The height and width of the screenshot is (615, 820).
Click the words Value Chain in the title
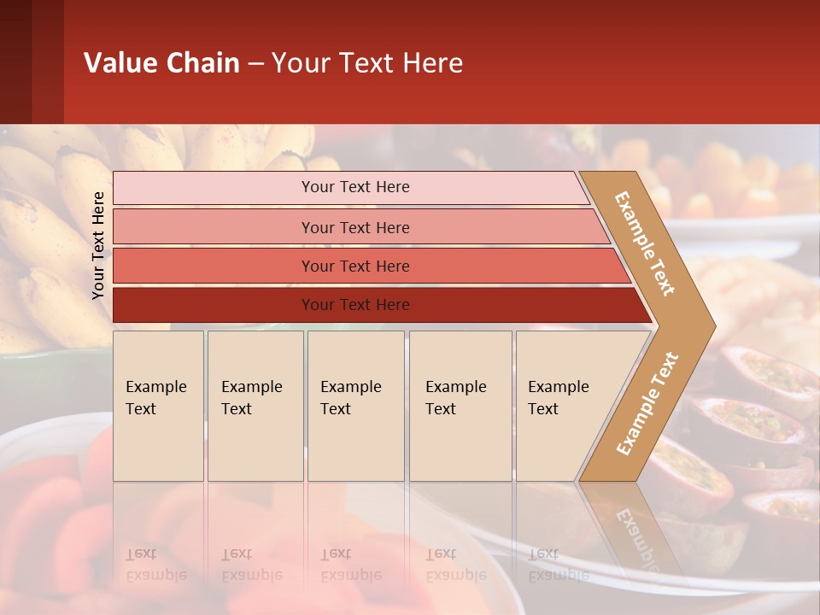click(161, 63)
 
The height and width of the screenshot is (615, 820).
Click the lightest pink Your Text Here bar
click(355, 187)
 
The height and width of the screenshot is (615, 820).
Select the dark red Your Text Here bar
click(355, 305)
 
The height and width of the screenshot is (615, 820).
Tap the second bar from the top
click(355, 227)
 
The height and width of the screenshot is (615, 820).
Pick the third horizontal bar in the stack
click(355, 266)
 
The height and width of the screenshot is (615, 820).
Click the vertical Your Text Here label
click(98, 245)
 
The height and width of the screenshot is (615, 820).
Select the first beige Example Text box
click(157, 406)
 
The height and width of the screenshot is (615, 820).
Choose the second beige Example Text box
click(255, 406)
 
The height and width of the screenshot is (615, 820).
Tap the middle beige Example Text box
click(354, 406)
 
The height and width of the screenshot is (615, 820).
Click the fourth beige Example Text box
click(460, 406)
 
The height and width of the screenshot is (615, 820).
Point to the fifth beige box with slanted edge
click(564, 406)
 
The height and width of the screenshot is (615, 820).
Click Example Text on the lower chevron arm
click(647, 403)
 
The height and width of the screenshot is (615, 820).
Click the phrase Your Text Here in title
click(367, 63)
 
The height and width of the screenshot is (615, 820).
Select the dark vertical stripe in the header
click(47, 61)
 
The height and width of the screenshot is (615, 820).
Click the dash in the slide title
click(255, 64)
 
